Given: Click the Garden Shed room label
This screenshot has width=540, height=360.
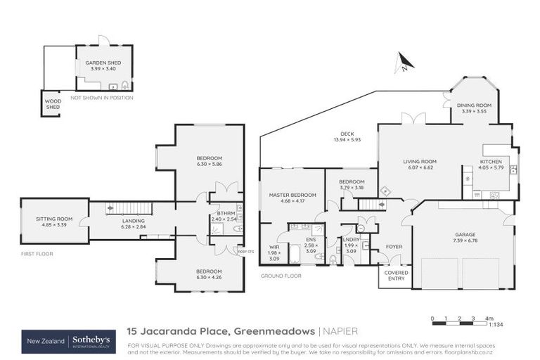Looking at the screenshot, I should [x=103, y=63].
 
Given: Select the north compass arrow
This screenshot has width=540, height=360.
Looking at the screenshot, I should [x=405, y=63].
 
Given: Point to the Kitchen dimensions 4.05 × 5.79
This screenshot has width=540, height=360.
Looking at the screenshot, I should [x=491, y=167].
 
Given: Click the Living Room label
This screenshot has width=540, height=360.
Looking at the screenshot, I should [x=420, y=161].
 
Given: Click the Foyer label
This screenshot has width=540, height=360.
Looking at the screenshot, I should [x=395, y=247].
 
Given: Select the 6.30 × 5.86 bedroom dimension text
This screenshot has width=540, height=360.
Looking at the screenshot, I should [x=210, y=164].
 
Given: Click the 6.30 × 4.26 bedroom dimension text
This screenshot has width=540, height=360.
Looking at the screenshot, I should [x=210, y=277].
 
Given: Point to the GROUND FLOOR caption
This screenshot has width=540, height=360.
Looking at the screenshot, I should [x=281, y=276].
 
